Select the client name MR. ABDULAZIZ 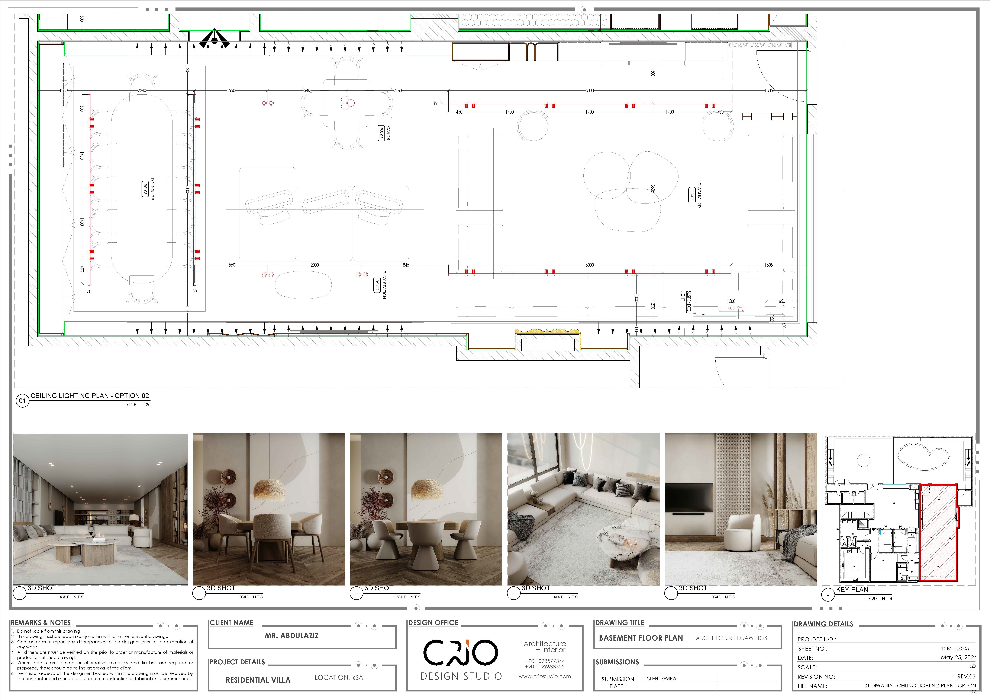coord(291,636)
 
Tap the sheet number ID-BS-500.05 coord(954,648)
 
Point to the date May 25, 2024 coord(958,657)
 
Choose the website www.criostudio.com coord(545,676)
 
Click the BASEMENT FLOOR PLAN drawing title coord(641,638)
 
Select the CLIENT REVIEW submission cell coord(661,678)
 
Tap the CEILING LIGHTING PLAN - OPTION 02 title coord(90,396)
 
